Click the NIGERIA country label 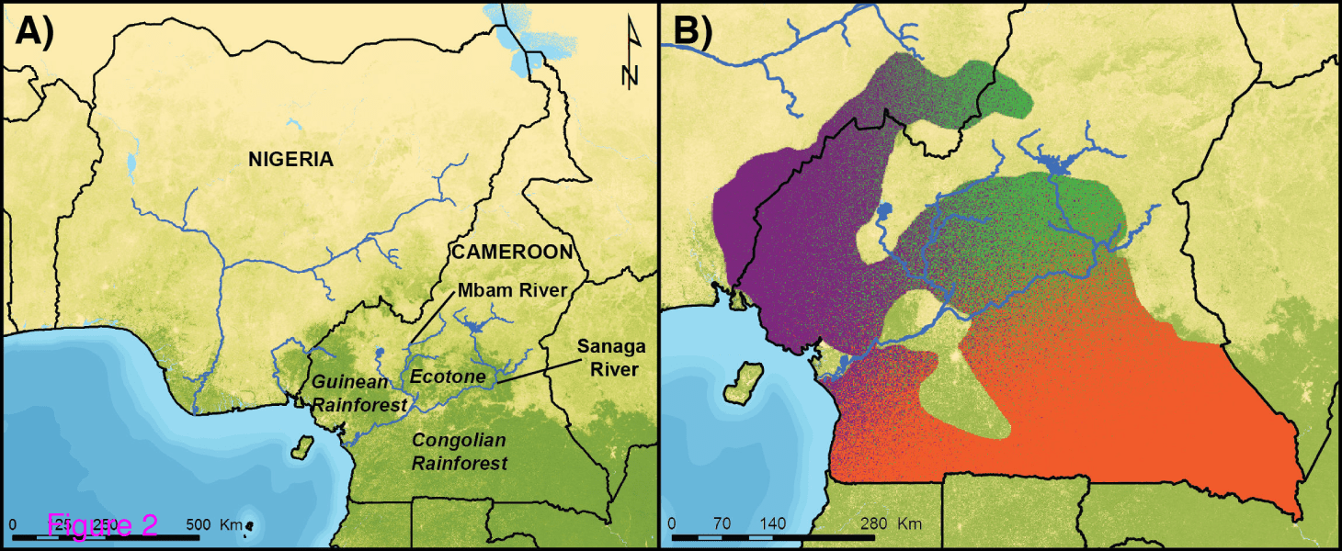[290, 160]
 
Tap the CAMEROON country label [511, 252]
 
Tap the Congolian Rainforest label [459, 452]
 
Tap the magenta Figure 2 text [103, 524]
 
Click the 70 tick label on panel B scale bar [722, 524]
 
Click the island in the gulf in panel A [299, 450]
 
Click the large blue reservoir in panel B [1055, 166]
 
